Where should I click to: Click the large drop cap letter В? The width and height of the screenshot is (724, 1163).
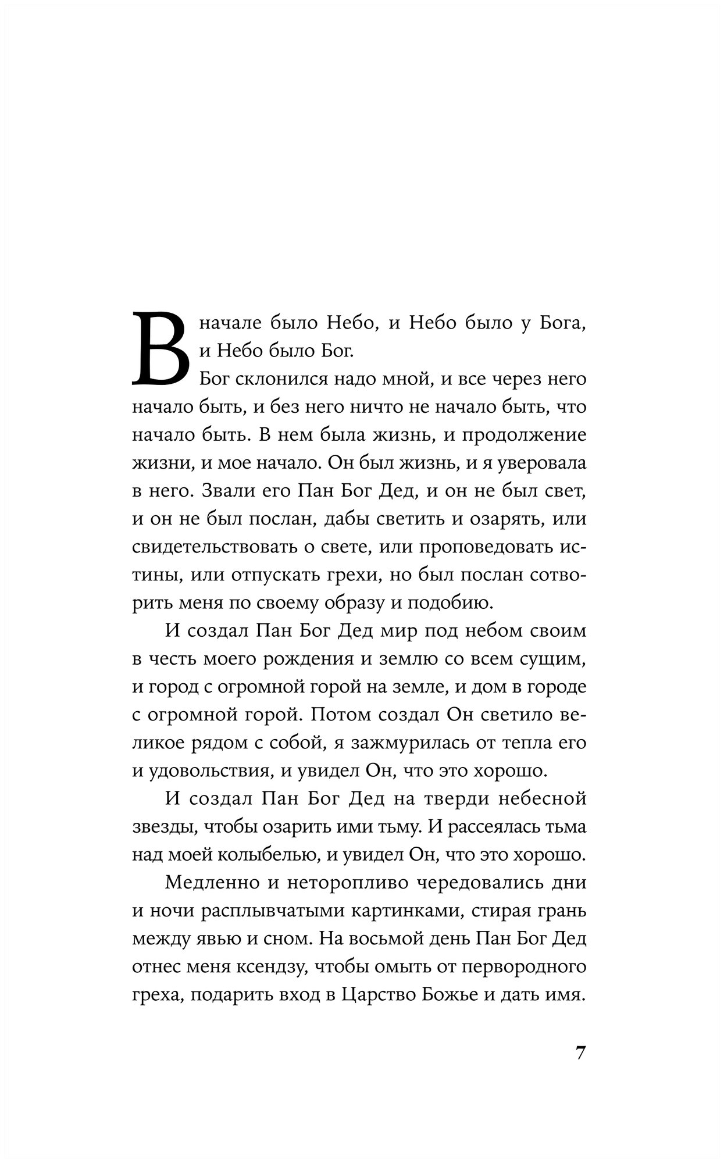pyautogui.click(x=162, y=349)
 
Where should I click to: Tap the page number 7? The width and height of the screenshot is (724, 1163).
pyautogui.click(x=580, y=1053)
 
